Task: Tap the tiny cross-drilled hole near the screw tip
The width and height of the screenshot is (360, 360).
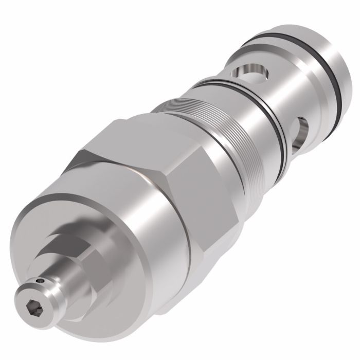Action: (x=41, y=281)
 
